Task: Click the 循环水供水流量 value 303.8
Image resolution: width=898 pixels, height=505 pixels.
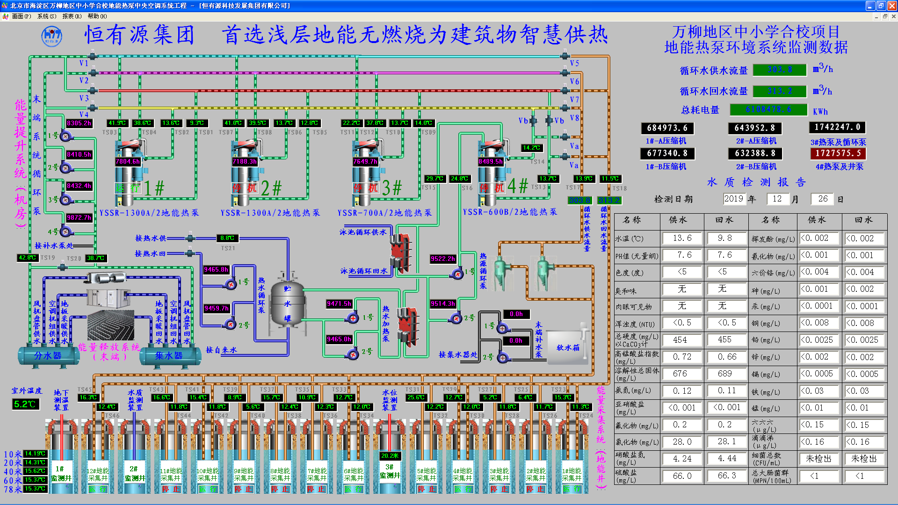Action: coord(780,70)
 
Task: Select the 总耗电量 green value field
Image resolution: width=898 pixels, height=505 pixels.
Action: coord(768,109)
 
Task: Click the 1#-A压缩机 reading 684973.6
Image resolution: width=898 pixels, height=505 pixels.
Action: coord(667,128)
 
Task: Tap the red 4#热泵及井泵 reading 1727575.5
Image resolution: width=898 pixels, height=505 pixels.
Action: coord(838,153)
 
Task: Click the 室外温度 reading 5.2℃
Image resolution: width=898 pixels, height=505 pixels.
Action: coord(25,404)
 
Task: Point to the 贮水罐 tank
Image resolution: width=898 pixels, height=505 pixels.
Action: coord(287,304)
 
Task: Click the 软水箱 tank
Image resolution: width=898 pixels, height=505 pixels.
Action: coord(568,347)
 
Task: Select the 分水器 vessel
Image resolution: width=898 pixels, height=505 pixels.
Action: coord(48,356)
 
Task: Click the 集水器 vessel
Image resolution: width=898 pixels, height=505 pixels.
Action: coord(169,356)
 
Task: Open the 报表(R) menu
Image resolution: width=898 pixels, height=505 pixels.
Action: coord(72,16)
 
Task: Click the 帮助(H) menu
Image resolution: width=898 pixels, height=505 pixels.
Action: coord(97,16)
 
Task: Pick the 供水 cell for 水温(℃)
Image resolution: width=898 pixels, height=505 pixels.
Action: coord(682,238)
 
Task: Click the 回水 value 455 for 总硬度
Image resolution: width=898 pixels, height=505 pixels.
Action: coord(724,340)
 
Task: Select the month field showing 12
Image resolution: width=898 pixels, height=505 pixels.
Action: coord(777,199)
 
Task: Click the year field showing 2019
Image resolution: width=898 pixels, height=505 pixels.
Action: coord(733,199)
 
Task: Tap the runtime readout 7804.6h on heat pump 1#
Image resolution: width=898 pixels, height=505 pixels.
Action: coord(127,161)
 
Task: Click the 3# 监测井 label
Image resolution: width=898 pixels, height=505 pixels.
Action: coord(389,471)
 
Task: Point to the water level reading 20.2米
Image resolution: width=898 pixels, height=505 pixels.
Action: coord(390,455)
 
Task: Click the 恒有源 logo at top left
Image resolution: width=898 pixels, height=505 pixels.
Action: coord(51,36)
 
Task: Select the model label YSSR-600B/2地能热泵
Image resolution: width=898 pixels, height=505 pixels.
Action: coord(510,212)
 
